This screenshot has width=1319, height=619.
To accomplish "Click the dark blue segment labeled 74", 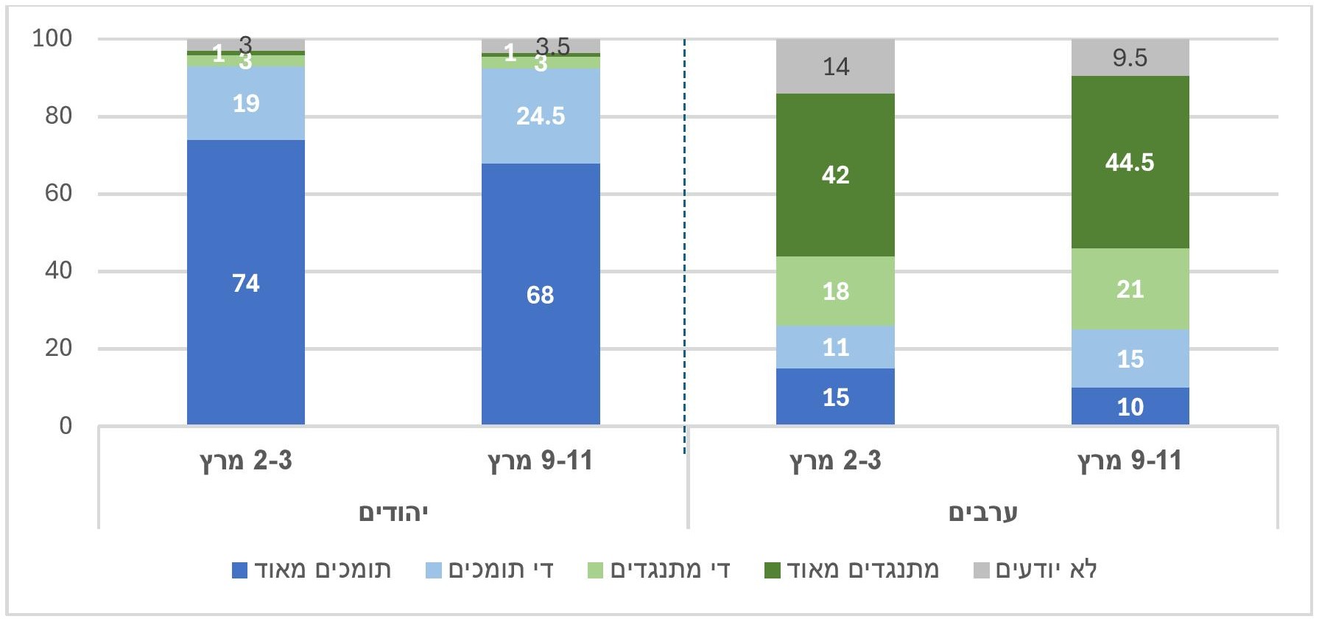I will pos(246,282).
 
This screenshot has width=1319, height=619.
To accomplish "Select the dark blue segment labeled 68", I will pos(541,294).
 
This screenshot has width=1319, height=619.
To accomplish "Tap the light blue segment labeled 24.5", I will pos(541,116).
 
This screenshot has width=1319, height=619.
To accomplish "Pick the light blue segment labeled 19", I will pos(246,103).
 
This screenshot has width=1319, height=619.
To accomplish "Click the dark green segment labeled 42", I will pos(835,175).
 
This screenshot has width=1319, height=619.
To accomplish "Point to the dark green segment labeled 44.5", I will pos(1130,162).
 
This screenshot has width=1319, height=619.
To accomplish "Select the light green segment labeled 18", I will pos(835,291).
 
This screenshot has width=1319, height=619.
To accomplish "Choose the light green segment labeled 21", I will pos(1130,289).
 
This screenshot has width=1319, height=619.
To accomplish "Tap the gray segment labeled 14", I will pos(835,66).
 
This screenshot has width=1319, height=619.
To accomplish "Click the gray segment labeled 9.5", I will pos(1130,57).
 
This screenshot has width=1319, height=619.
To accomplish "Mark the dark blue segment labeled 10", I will pos(1130,407).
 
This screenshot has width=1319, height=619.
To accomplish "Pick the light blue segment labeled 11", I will pos(835,347).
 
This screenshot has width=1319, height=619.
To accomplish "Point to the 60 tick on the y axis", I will pos(58,194).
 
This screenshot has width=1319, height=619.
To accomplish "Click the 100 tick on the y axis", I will pos(52,38).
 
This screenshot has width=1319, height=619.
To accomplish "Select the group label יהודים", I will pos(393,512).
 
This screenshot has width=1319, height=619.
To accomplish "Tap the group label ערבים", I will pos(982,512).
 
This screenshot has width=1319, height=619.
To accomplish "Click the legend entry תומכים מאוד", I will pos(312,570).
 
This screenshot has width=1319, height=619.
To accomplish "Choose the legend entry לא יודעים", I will pos(1036,570).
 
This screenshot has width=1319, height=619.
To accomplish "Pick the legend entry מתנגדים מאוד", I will pos(853,570).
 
